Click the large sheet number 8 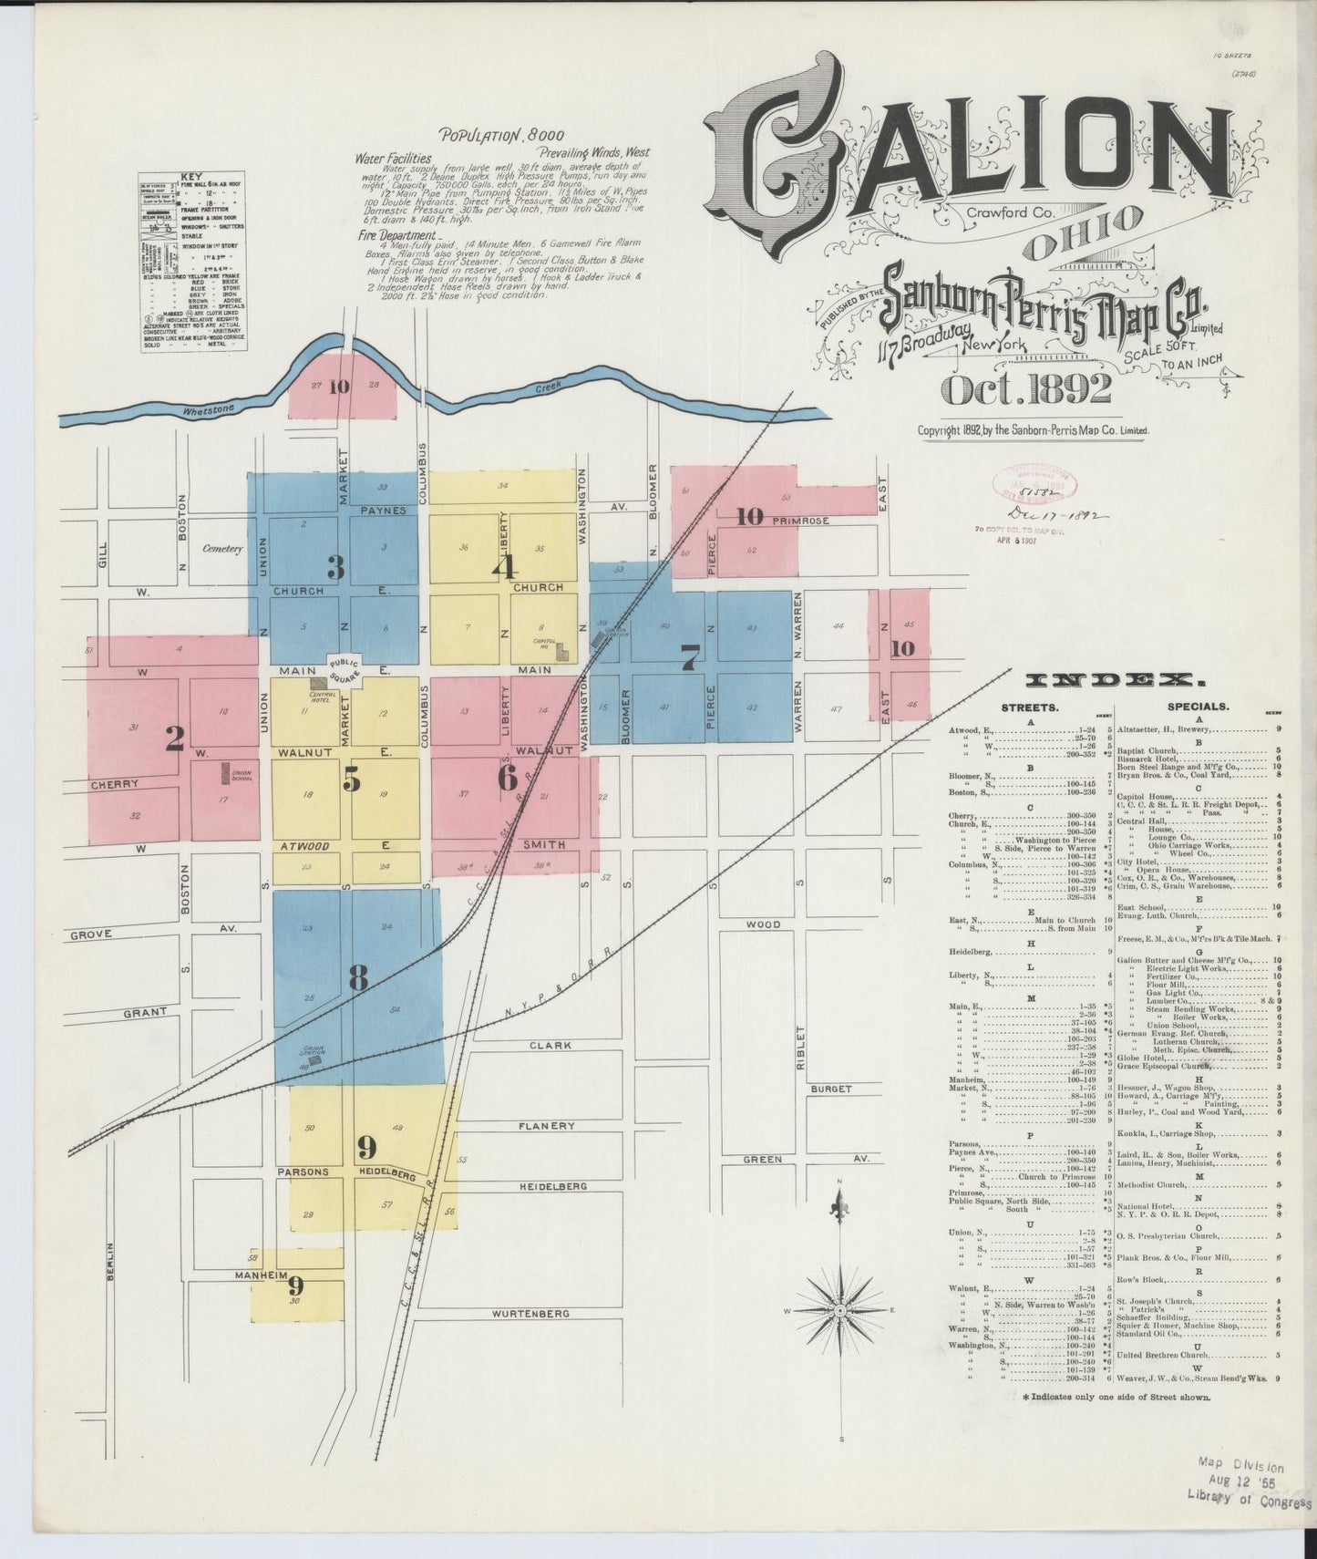pos(358,978)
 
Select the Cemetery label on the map pos(222,549)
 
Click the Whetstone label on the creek pos(208,411)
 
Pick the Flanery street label pos(547,1126)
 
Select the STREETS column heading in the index pos(1029,706)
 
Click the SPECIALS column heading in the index pos(1198,706)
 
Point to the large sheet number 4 pos(504,567)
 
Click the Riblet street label pos(800,1048)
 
